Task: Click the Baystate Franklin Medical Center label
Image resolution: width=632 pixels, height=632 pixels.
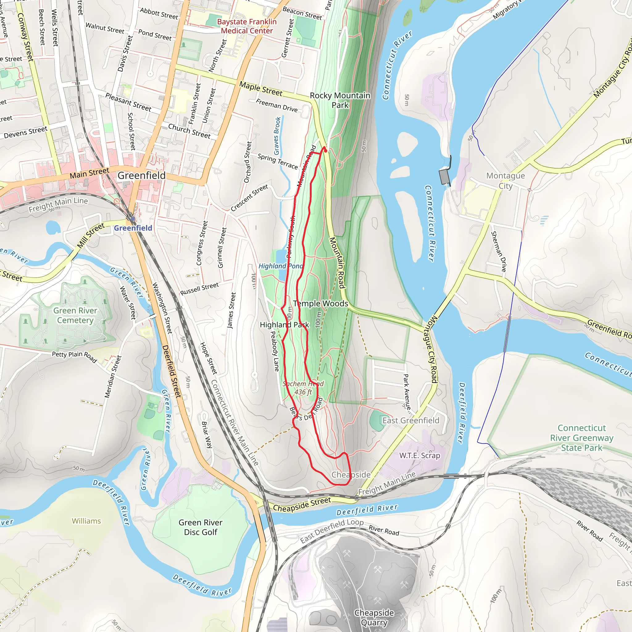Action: tap(247, 26)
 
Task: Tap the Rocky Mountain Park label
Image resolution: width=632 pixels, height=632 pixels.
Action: tap(340, 100)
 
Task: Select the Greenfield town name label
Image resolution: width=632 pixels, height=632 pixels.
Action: tap(141, 176)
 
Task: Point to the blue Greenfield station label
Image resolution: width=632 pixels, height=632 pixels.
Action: tap(133, 228)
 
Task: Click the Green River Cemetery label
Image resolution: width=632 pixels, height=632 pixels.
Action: tap(75, 315)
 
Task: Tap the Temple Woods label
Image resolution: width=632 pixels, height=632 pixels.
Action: tap(320, 304)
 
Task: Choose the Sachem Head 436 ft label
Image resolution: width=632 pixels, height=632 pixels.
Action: tap(303, 388)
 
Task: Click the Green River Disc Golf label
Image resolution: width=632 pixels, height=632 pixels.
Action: tap(201, 527)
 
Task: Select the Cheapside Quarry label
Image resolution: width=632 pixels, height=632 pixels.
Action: tap(374, 617)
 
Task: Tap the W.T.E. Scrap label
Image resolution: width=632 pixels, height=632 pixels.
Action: tap(419, 455)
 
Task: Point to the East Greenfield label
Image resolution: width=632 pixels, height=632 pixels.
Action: tap(410, 420)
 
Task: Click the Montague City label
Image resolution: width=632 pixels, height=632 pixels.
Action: tap(505, 181)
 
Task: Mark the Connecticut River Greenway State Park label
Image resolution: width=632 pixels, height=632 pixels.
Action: tap(582, 438)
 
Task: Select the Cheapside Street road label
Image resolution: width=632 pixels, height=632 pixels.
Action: tap(301, 505)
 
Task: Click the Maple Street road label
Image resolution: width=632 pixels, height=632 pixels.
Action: tap(261, 89)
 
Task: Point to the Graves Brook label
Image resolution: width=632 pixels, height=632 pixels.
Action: tap(277, 136)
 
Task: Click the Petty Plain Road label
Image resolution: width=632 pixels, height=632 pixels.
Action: tap(75, 356)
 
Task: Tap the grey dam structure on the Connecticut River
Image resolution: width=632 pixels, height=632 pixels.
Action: tap(445, 177)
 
